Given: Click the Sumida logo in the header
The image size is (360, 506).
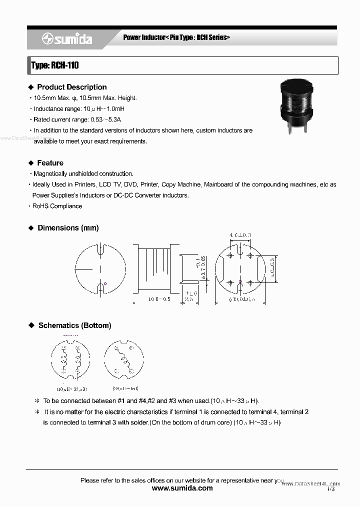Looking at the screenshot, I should click(x=67, y=38).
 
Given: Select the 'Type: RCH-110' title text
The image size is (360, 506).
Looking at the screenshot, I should click(x=55, y=65).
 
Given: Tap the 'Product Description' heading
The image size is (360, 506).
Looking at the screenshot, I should click(x=71, y=87).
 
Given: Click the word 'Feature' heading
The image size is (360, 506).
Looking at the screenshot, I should click(x=50, y=163).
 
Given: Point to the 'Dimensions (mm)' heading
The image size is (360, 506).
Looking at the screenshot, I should click(x=68, y=228).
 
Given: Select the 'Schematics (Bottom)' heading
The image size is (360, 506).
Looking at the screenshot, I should click(x=74, y=325).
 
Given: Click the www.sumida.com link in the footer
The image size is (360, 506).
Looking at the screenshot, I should click(x=182, y=488).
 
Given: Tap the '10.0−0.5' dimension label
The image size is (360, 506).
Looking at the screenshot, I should click(x=159, y=299).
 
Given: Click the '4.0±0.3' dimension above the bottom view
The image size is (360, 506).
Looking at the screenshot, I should click(x=240, y=235).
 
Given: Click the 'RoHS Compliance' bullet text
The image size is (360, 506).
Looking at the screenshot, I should click(x=57, y=206).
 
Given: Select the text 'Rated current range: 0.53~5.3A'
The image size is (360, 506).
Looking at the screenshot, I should click(x=77, y=119).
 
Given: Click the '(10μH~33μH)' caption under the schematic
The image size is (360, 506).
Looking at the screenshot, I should click(x=71, y=388).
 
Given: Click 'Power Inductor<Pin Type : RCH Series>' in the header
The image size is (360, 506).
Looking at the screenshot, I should click(x=176, y=38).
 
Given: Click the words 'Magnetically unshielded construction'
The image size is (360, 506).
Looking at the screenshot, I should click(x=83, y=174).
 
